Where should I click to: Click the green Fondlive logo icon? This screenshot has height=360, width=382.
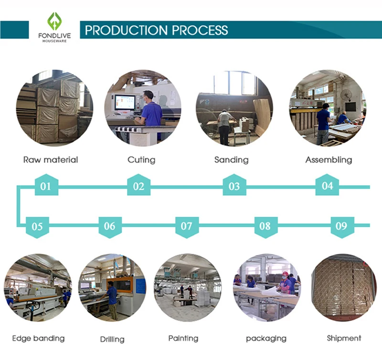(54, 21)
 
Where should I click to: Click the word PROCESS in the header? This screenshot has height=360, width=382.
(200, 30)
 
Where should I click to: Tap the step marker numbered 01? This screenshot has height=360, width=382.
(46, 185)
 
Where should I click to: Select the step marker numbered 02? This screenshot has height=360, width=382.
(138, 185)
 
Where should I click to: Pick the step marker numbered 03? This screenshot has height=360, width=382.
(234, 185)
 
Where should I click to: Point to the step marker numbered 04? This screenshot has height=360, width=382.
(327, 185)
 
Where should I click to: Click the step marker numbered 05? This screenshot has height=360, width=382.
(37, 227)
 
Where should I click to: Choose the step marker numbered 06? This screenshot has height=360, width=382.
(110, 227)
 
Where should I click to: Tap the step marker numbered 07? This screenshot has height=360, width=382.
(187, 227)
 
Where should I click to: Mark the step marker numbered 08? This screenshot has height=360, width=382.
(266, 227)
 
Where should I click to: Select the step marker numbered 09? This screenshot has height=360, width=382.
(342, 227)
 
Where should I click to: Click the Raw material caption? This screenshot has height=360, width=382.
(51, 160)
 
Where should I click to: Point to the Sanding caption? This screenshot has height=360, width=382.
(232, 160)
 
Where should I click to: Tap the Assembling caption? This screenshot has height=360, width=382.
(329, 160)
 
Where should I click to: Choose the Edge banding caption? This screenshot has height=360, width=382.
(38, 339)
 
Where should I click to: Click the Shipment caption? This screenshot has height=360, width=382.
(344, 339)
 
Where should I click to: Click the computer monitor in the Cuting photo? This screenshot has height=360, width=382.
(125, 103)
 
